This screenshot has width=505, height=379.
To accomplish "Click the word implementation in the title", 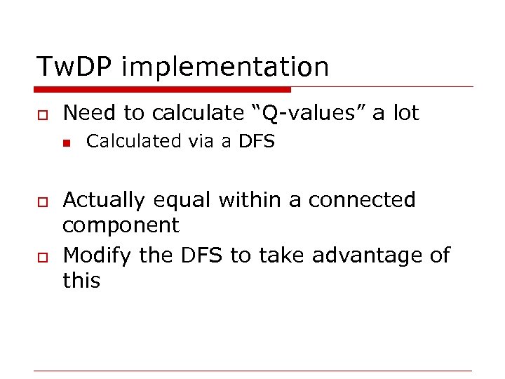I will (x=225, y=67).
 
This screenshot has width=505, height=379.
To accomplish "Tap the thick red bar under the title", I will (x=163, y=90).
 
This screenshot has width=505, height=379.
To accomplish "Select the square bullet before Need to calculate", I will (x=42, y=114).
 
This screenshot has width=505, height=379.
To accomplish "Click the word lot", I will (x=405, y=112).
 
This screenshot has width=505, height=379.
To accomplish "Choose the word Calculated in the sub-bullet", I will (x=133, y=141).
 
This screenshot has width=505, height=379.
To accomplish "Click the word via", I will (x=200, y=141).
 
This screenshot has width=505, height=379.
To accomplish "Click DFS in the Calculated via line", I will (x=257, y=141).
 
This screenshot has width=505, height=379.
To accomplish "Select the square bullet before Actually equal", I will (x=42, y=201).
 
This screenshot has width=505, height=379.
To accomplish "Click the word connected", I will (x=362, y=200).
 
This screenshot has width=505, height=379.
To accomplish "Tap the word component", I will (x=121, y=226).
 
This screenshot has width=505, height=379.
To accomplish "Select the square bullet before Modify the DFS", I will (x=42, y=256).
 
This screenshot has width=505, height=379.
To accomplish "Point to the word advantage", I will (x=367, y=255).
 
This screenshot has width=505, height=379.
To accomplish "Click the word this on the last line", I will (x=81, y=281).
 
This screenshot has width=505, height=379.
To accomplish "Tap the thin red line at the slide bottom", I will (x=252, y=371).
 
